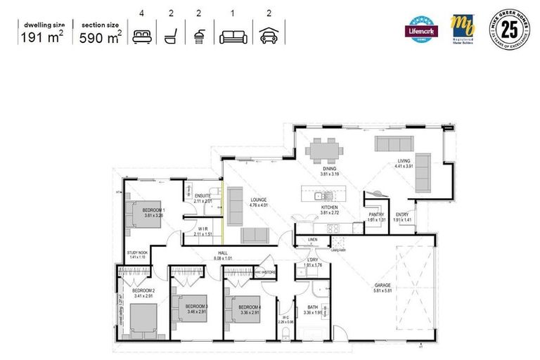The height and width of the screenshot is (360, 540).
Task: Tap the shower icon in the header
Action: (200, 35)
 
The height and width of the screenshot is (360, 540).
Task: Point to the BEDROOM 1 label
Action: (153, 211)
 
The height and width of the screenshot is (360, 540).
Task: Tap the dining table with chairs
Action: (324, 149)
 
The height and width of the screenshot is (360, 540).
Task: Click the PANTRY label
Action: (376, 215)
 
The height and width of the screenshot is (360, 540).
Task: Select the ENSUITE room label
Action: (204, 197)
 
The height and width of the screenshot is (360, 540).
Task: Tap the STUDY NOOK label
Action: (136, 253)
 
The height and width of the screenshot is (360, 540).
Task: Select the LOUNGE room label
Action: (259, 200)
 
